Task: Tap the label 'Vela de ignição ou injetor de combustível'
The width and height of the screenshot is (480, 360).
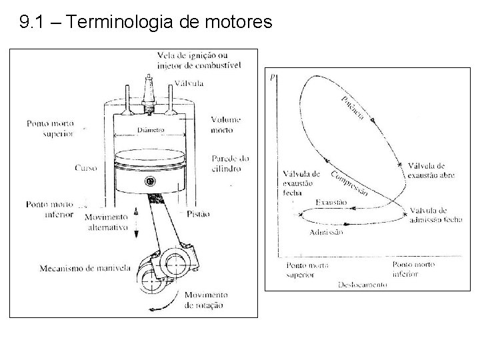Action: coord(198,59)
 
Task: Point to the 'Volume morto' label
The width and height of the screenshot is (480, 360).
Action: coord(225,125)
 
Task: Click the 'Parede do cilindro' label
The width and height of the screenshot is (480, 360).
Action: coord(230,164)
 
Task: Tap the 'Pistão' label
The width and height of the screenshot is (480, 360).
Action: coord(198,213)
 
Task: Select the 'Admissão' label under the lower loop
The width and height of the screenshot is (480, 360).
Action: coord(327,232)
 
